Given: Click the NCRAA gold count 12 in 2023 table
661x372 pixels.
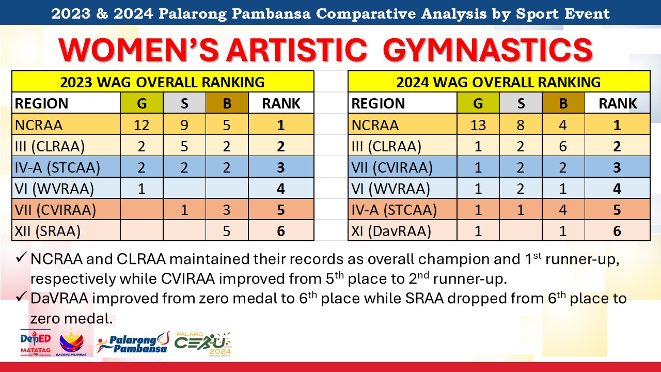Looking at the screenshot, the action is [141, 125].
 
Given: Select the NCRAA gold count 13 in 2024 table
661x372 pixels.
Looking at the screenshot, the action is [478, 125].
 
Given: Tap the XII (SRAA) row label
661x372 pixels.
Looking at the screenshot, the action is [48, 231].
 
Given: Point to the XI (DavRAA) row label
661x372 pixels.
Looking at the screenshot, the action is [391, 231].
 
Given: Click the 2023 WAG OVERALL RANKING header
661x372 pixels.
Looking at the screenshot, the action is [162, 82].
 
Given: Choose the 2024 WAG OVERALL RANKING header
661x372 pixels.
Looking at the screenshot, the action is [498, 82].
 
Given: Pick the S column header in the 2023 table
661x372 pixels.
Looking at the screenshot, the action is [184, 103].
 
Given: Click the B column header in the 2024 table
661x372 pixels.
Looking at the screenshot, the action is [563, 103].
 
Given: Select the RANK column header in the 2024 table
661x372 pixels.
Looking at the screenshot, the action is [618, 103].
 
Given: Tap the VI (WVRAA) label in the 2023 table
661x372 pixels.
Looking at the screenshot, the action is [54, 189].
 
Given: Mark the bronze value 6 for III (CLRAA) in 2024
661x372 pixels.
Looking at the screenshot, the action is [563, 146].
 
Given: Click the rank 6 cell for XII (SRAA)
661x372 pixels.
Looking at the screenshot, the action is [280, 231].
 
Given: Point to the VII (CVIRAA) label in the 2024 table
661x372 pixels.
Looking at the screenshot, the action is [392, 167].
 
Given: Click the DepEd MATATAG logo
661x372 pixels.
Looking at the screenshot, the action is [36, 343].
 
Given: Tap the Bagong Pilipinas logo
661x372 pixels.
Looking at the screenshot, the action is [71, 343].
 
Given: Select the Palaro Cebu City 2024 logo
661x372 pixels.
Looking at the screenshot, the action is [203, 344].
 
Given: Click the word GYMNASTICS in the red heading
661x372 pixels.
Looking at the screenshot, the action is [488, 50].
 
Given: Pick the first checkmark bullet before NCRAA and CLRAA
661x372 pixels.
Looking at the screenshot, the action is [22, 257].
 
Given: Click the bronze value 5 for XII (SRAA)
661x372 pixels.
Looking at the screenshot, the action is [226, 231].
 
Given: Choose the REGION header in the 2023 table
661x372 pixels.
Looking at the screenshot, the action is [42, 103].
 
